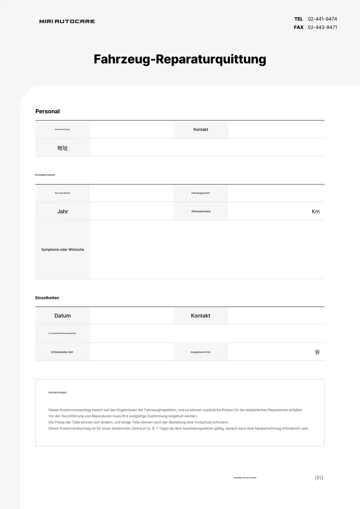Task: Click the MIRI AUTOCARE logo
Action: (67, 21)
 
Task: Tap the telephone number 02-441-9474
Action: (322, 19)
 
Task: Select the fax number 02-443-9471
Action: (322, 27)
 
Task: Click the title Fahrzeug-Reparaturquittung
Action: (180, 59)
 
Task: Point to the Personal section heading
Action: (47, 112)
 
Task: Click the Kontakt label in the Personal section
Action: (201, 130)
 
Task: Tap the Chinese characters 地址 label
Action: (62, 148)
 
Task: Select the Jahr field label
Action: (62, 212)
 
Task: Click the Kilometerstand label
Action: (201, 212)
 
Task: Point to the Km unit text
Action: (315, 212)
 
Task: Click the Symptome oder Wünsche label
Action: (62, 250)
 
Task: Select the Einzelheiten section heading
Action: (47, 298)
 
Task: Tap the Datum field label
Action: (62, 316)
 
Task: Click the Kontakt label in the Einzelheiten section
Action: (200, 316)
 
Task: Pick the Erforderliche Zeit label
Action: (62, 352)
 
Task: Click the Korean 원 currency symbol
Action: (317, 352)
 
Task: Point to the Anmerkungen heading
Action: (58, 392)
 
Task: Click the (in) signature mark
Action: (319, 478)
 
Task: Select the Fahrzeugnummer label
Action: (200, 193)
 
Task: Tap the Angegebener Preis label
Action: (200, 352)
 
